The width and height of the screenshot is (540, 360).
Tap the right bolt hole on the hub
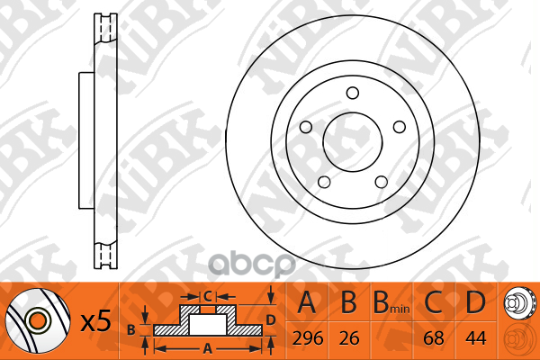coord(400,125)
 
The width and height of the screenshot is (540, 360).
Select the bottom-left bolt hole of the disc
coord(322,182)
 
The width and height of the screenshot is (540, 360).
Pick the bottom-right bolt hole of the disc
coord(382,182)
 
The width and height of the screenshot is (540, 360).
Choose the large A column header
coord(307,304)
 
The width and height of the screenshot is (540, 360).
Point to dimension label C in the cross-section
coord(206,294)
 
